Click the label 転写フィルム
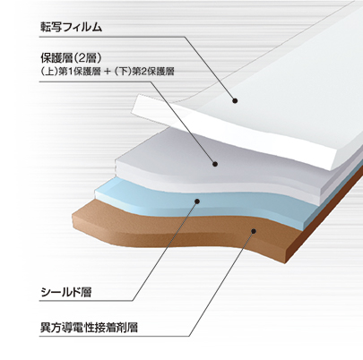point(72,27)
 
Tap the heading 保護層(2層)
point(70,58)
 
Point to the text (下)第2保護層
point(144,72)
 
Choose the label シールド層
point(65,292)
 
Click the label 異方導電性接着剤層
point(89,328)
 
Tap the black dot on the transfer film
point(235,101)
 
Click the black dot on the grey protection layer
point(215,164)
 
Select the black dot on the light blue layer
point(197,201)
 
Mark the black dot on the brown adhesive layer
point(254,231)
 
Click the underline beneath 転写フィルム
point(112,37)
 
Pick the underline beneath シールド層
point(86,301)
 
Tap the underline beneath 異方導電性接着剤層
point(114,337)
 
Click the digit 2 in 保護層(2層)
point(79,58)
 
